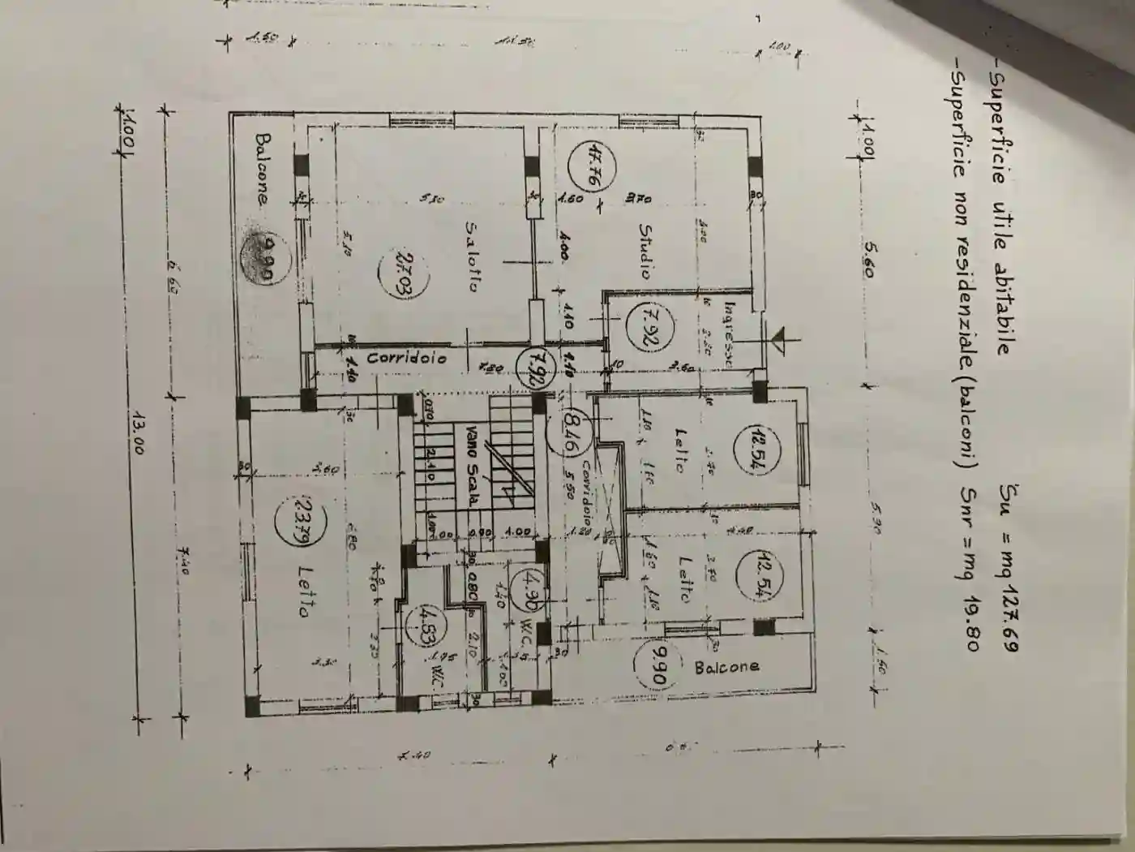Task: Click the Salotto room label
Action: point(473,256)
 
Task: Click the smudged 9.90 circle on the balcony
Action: point(259,256)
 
